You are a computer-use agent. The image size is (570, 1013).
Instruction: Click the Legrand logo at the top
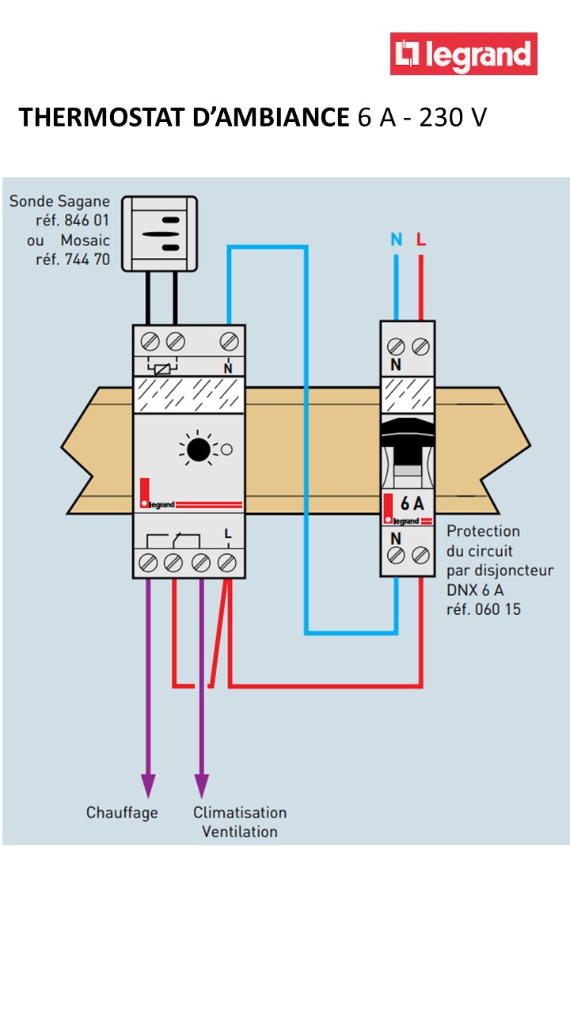coord(463,54)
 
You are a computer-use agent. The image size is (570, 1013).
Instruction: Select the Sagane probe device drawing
coord(159,233)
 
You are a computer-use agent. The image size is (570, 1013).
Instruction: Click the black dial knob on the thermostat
coord(198,450)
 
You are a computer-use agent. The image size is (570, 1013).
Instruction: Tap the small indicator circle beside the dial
coord(226,450)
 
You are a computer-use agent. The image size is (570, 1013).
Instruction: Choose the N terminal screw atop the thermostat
coord(229,342)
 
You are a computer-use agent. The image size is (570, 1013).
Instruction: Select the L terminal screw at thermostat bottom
coord(227,562)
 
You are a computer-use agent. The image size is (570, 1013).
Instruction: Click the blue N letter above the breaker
coord(397,239)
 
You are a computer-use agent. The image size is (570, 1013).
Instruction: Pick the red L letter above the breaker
coord(421,239)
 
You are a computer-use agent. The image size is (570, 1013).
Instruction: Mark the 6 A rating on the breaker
coord(412,503)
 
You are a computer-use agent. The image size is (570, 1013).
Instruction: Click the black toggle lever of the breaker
coord(407,446)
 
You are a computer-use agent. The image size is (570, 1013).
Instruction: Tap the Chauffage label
coord(122,813)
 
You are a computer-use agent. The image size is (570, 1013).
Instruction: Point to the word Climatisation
coord(240,813)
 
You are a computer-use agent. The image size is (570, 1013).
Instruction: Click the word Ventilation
coord(240,832)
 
